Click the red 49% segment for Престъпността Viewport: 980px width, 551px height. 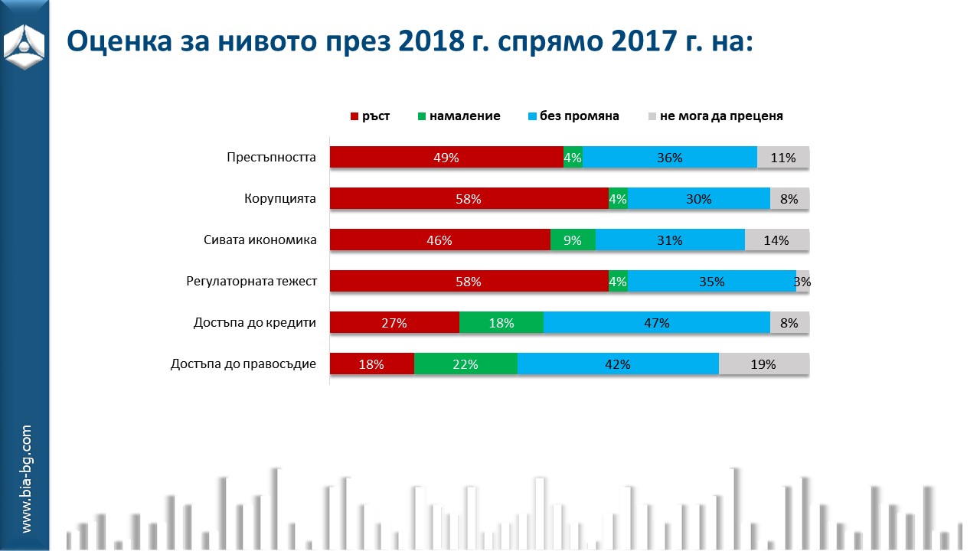(446, 158)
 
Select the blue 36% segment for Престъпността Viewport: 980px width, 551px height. (669, 158)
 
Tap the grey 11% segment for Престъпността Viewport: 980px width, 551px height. (783, 158)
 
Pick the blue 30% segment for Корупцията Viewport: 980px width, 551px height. (698, 199)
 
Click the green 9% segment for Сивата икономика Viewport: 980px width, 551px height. (573, 240)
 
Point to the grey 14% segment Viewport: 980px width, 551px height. (776, 240)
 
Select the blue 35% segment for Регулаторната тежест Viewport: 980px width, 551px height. (711, 282)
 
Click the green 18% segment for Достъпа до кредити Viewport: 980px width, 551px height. (501, 323)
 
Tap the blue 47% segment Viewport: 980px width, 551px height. (656, 323)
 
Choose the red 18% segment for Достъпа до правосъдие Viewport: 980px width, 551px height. (371, 364)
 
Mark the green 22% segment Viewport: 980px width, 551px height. (465, 364)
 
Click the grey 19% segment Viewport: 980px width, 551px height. (763, 364)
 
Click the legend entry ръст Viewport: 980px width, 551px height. (371, 116)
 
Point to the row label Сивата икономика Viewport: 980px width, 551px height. (260, 240)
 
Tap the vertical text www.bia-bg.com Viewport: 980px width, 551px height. (26, 479)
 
